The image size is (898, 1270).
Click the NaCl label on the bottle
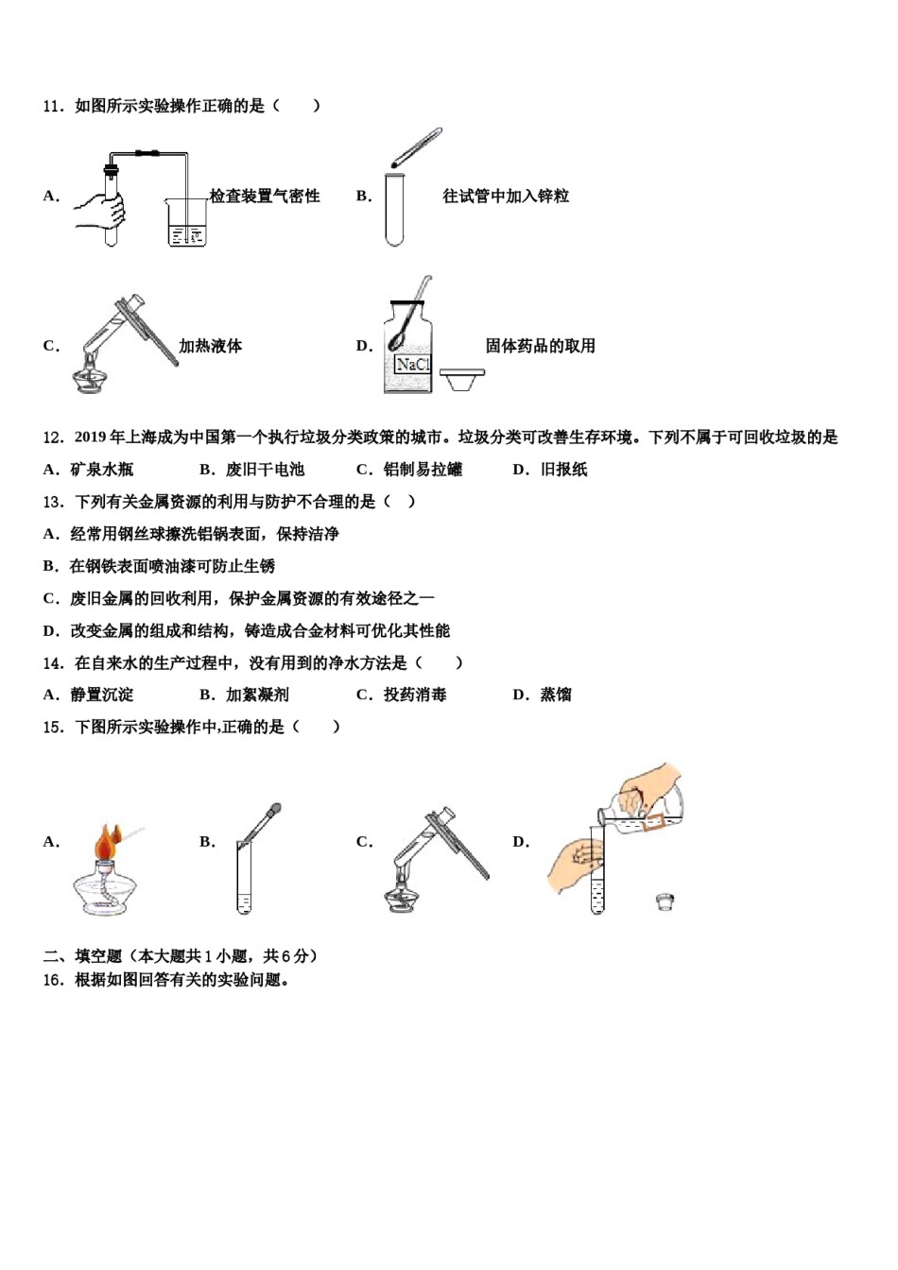(x=412, y=365)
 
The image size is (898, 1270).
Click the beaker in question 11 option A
(x=186, y=225)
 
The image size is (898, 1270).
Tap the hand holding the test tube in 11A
(x=99, y=210)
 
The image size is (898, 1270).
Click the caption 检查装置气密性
(x=265, y=197)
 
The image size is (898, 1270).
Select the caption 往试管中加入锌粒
(x=506, y=197)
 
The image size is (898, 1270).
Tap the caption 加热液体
(x=211, y=346)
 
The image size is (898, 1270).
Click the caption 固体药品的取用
(x=540, y=346)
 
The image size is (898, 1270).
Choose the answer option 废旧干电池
(x=265, y=470)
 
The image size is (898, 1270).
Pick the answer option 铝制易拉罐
(x=423, y=470)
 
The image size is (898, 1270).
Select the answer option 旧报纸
(x=563, y=470)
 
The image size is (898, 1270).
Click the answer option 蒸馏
(x=556, y=695)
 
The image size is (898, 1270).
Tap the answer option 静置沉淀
(x=102, y=695)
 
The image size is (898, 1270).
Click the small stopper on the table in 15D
(x=665, y=901)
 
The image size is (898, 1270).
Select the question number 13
(x=53, y=502)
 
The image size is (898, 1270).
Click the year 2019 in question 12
(x=91, y=438)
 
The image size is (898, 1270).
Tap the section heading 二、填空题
(x=82, y=956)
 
